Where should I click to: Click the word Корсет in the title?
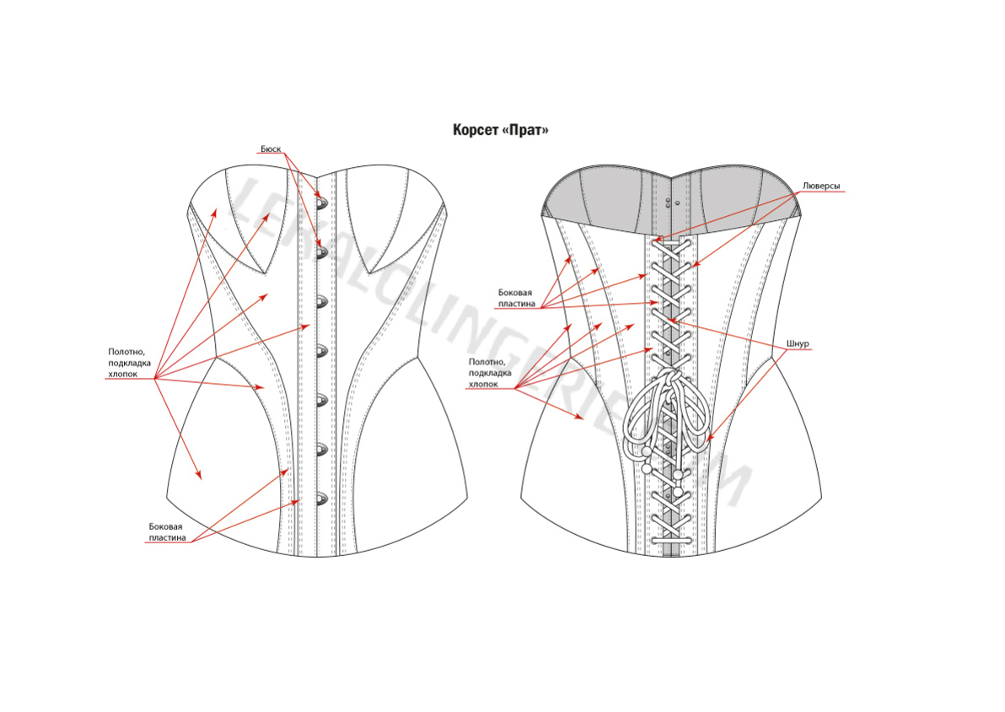475,131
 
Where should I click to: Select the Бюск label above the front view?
270,149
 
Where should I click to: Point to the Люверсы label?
820,186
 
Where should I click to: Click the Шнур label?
797,344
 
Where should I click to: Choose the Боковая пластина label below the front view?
165,531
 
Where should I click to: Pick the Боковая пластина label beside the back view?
514,298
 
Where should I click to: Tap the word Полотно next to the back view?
486,362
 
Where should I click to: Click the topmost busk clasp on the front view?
320,202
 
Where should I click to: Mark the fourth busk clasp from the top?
320,350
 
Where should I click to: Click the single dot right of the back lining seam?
679,203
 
